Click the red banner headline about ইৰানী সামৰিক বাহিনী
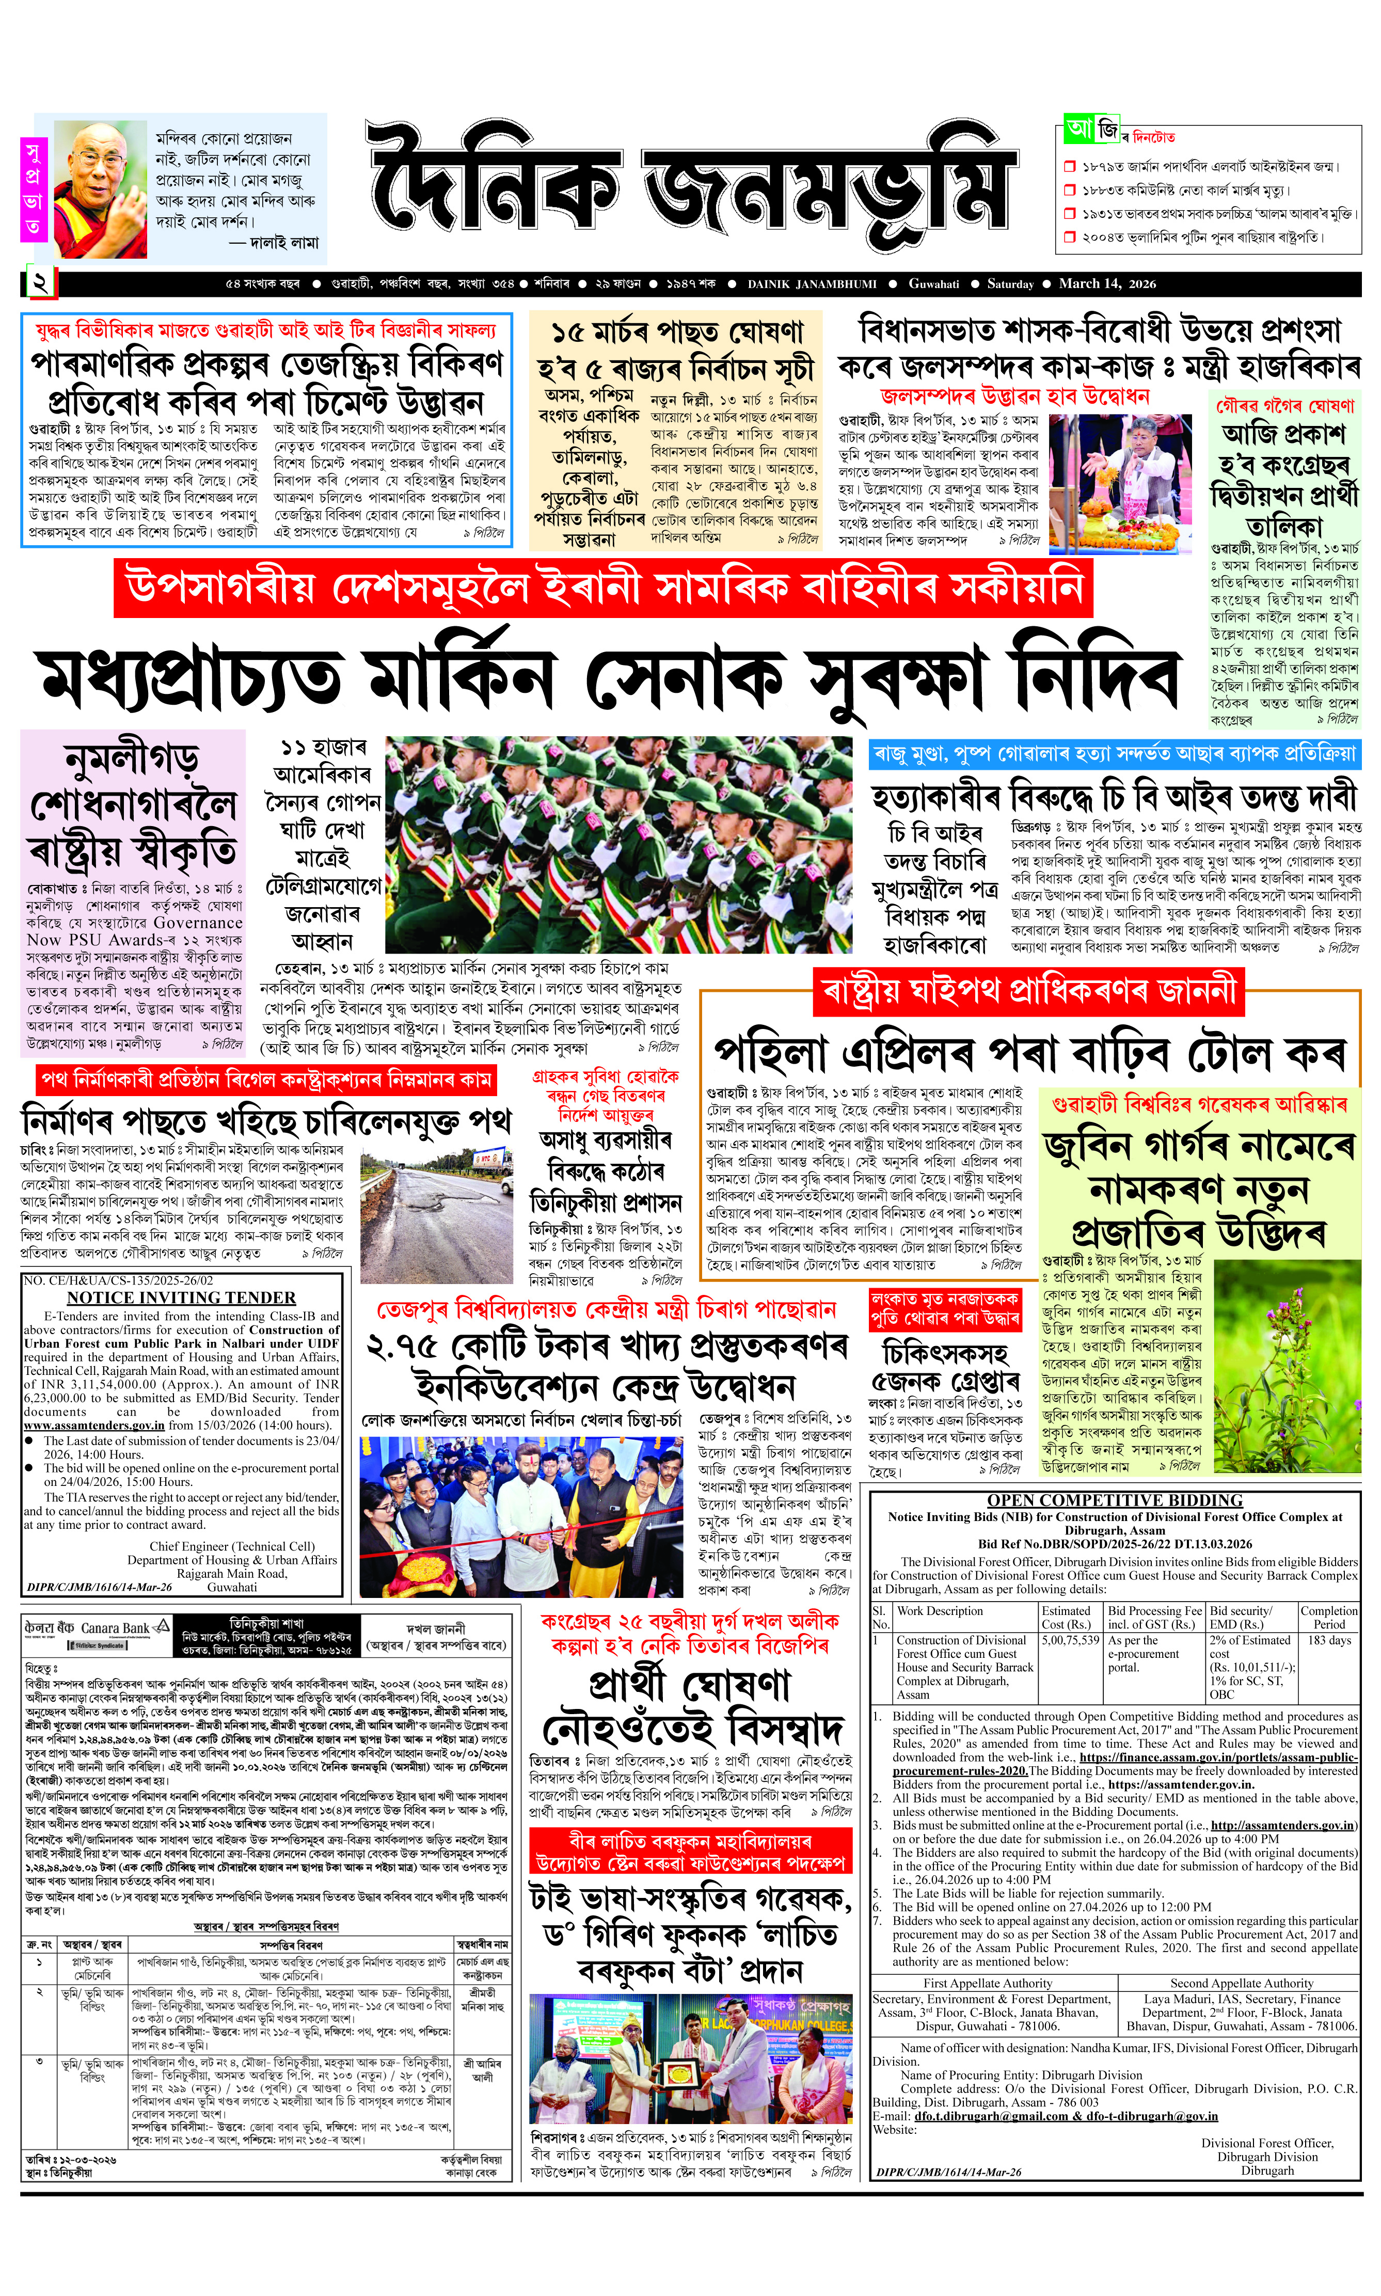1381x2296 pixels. [603, 587]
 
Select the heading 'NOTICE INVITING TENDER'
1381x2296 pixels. [181, 1297]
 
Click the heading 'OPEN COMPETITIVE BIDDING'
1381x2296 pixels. [1114, 1500]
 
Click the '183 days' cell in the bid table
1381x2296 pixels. [1329, 1640]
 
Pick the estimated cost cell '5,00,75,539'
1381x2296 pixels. [1070, 1640]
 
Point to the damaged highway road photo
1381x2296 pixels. [436, 1214]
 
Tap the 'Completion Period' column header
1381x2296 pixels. [1329, 1617]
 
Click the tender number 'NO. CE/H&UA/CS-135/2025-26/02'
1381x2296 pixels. [119, 1280]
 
